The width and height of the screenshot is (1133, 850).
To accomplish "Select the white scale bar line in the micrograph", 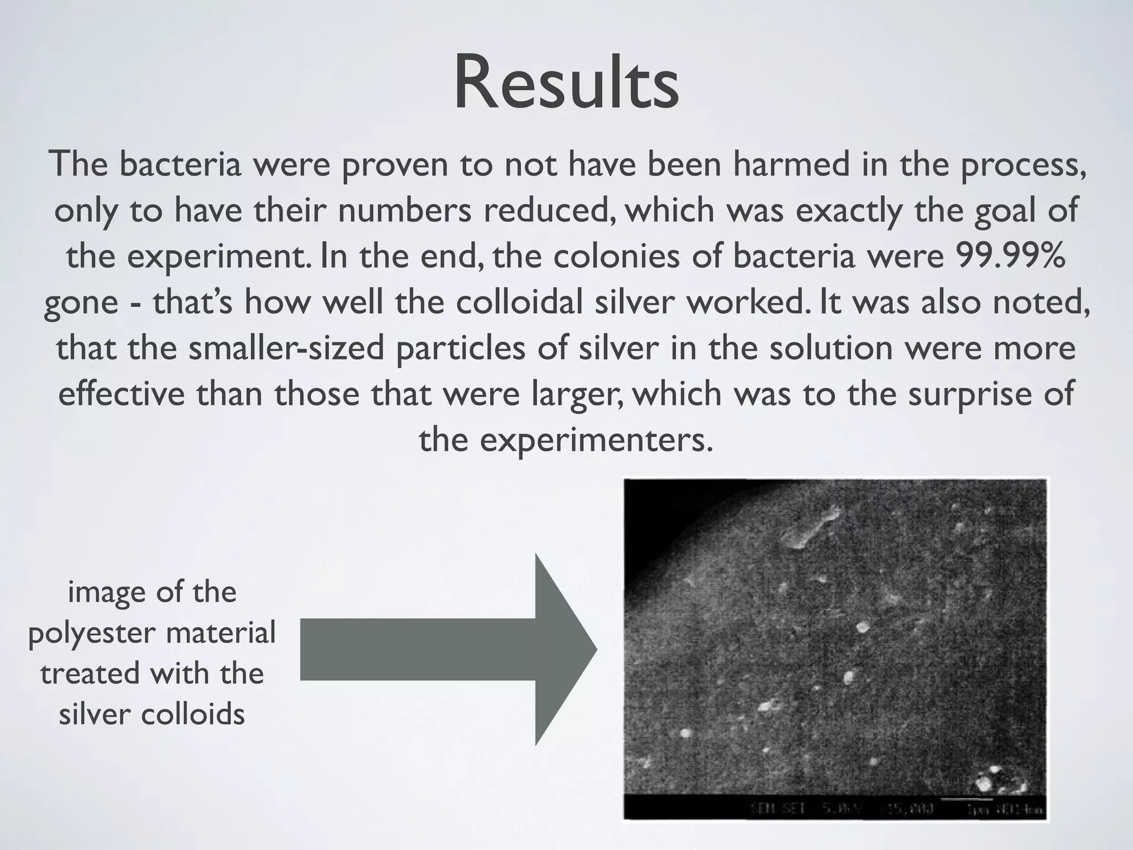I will coord(965,799).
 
